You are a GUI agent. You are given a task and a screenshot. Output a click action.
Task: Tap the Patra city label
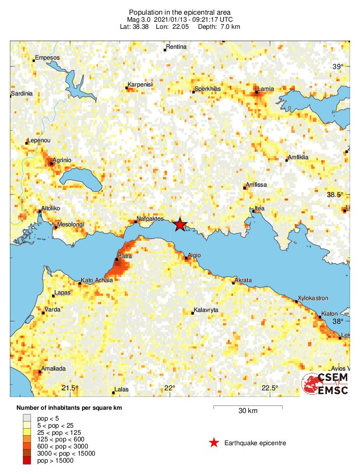[125, 255]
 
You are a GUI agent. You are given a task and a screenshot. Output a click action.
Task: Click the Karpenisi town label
[139, 84]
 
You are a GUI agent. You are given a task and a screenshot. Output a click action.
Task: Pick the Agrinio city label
[62, 160]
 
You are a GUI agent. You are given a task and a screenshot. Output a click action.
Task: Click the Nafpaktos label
[149, 219]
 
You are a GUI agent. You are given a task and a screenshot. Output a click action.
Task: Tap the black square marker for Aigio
[186, 259]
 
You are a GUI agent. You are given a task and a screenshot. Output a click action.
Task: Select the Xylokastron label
[312, 299]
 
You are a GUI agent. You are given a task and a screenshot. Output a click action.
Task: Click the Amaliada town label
[53, 368]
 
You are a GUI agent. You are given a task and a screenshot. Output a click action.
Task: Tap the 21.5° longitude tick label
[70, 388]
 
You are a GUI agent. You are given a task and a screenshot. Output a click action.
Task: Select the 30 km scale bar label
[248, 411]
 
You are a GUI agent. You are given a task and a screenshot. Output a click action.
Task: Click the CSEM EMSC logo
[326, 384]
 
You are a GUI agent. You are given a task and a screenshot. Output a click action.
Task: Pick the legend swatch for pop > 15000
[27, 461]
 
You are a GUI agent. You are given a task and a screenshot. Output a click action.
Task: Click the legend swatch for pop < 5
[27, 418]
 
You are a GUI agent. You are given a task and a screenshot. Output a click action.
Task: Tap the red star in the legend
[214, 443]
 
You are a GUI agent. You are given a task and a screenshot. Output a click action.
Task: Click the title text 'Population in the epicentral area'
[180, 12]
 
